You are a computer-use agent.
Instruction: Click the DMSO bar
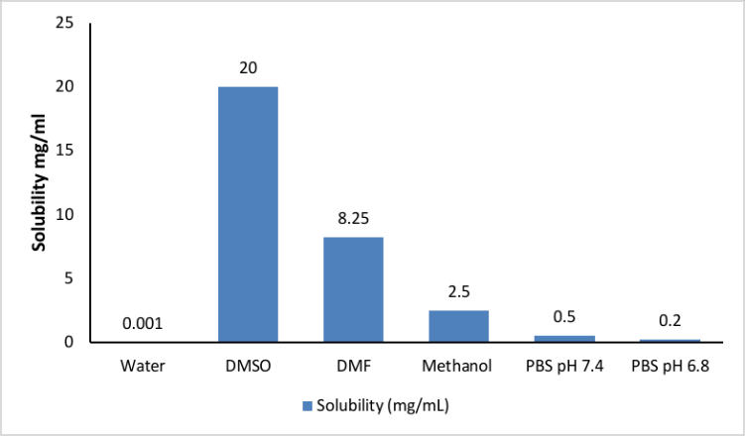pos(248,214)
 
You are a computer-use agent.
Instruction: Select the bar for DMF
pos(353,289)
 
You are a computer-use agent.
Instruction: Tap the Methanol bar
pos(458,326)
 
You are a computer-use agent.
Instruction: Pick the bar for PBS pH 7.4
pos(563,339)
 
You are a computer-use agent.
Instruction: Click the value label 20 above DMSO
pos(248,69)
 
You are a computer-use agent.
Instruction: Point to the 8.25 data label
pos(353,220)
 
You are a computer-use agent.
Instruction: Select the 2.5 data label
pos(458,293)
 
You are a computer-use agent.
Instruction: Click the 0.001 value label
pos(143,324)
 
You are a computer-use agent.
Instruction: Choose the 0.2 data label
pos(669,323)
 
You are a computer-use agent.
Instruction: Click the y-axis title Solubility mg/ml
pos(39,182)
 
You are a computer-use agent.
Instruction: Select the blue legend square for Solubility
pos(307,405)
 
